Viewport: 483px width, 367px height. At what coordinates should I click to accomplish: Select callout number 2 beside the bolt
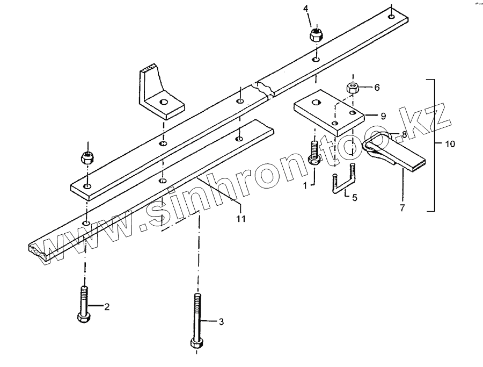tap(107, 307)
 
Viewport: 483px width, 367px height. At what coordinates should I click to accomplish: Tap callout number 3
tap(220, 322)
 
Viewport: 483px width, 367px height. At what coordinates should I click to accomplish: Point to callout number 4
tap(306, 9)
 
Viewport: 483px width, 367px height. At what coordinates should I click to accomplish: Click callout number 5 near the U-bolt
tap(355, 197)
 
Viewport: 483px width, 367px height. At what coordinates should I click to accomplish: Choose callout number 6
tap(377, 87)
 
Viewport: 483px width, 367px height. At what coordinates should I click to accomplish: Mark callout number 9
tap(383, 116)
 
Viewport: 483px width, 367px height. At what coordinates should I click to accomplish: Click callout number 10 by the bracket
tap(449, 144)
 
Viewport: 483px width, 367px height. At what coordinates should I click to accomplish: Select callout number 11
tap(241, 219)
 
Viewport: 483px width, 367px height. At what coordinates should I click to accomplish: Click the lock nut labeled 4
tap(316, 35)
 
